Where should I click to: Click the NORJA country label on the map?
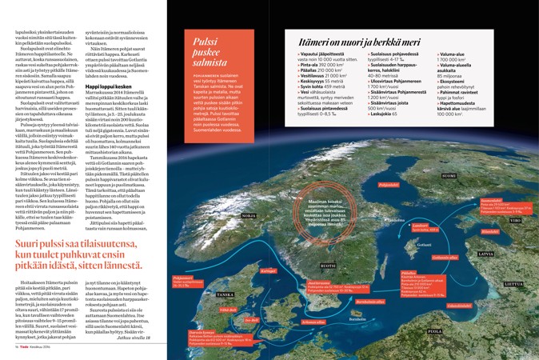tap(226, 216)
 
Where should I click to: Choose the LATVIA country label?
tap(485, 254)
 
